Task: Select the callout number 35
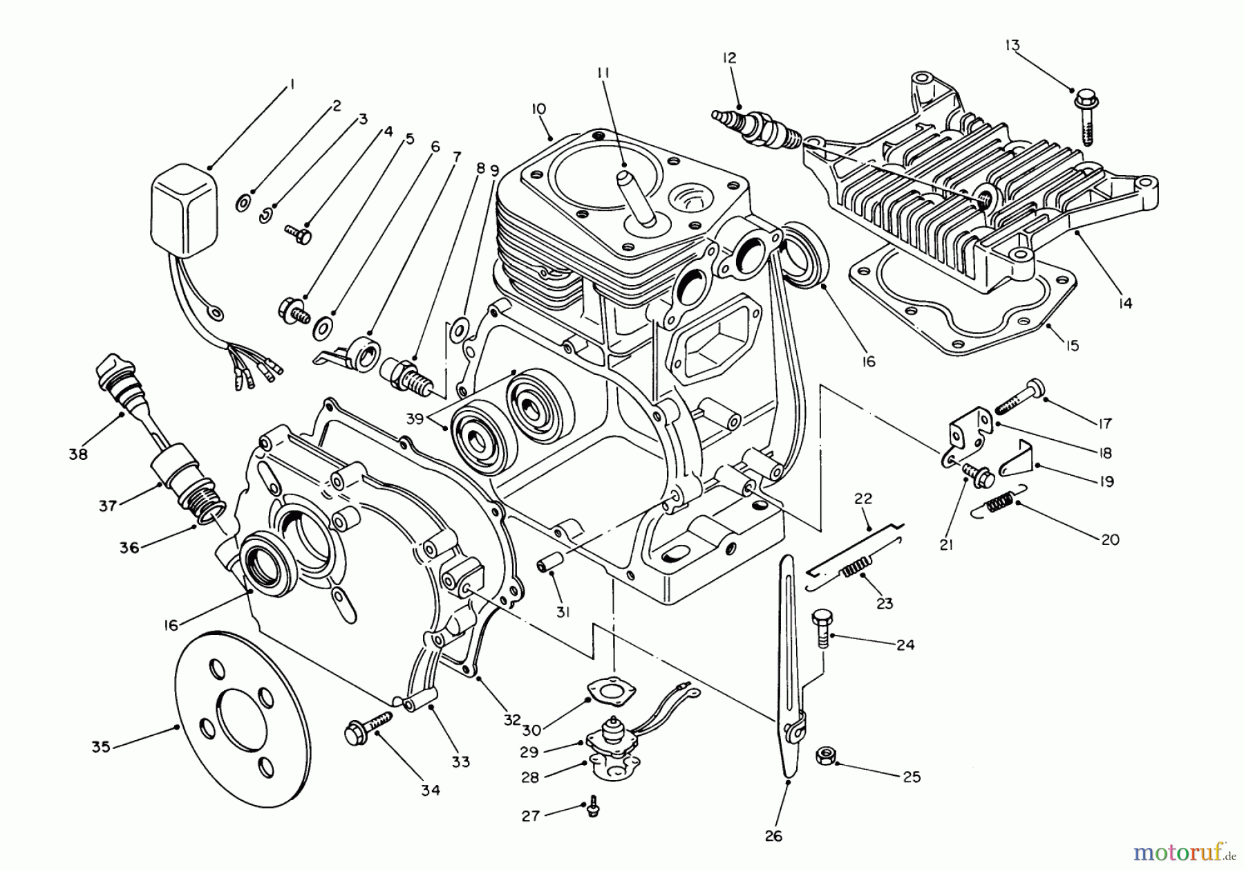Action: (102, 747)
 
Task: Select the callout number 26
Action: (773, 836)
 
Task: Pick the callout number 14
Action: (1126, 302)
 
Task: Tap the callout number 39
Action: (414, 418)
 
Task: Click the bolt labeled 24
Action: (822, 626)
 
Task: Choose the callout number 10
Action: (539, 109)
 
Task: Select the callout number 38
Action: (78, 454)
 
